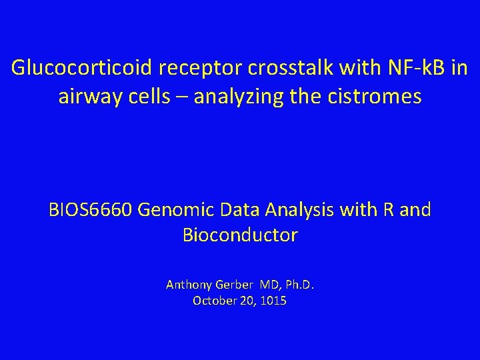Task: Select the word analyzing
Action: [242, 97]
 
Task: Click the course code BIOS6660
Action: [91, 210]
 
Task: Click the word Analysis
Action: [300, 210]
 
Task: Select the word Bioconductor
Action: [240, 235]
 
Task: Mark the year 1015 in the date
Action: [275, 301]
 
